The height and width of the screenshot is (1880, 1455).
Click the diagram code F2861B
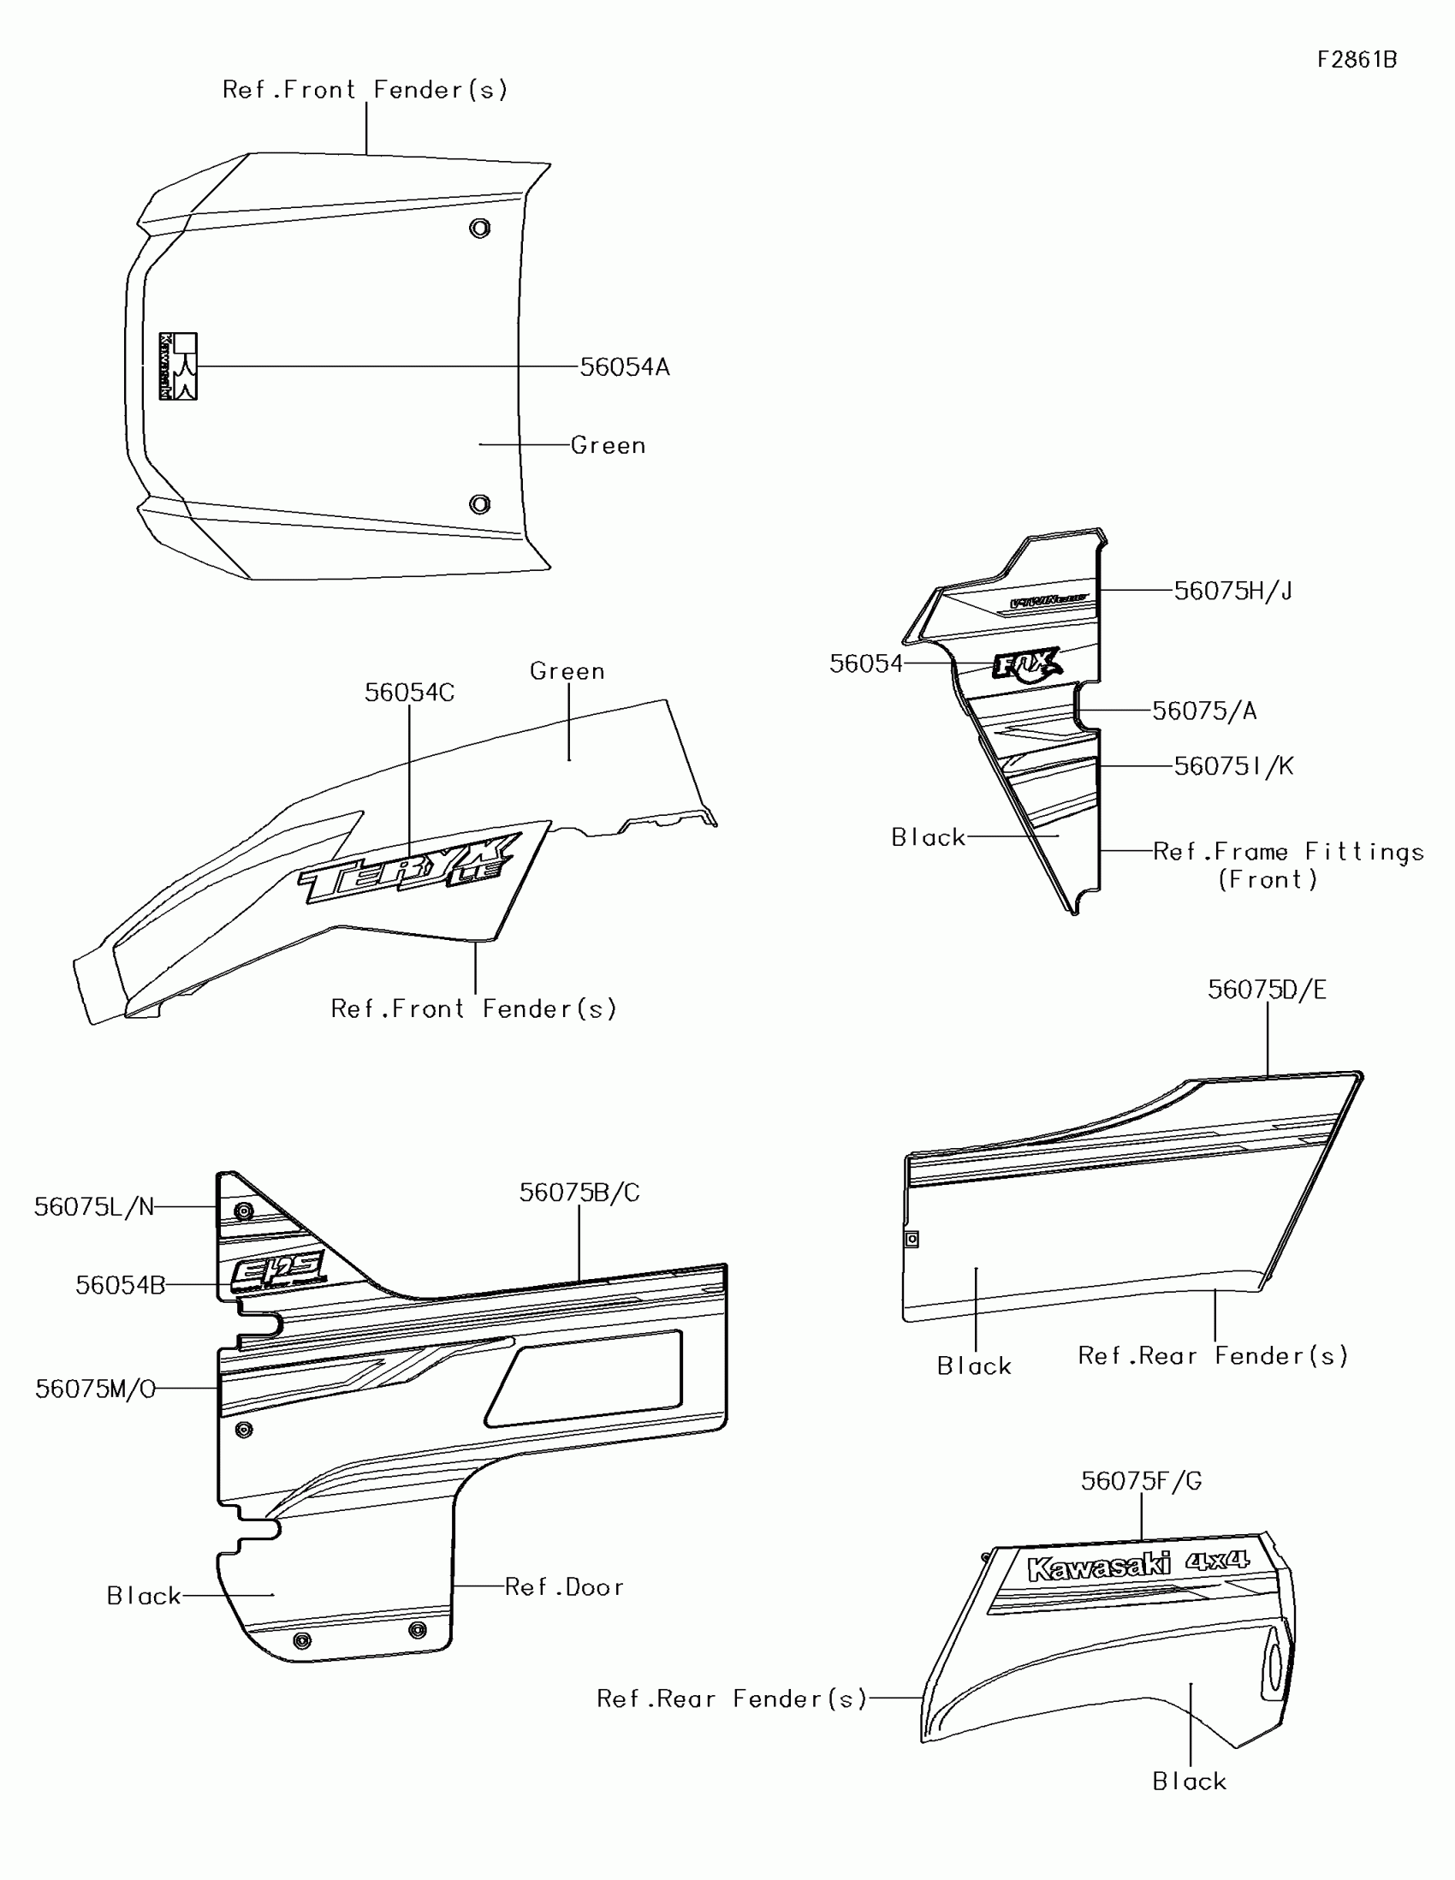tap(1357, 59)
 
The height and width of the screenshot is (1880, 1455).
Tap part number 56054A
tap(624, 366)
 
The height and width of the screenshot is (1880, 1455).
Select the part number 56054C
tap(409, 692)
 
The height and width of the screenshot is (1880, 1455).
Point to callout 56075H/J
tap(1232, 591)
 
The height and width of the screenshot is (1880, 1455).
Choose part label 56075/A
tap(1203, 711)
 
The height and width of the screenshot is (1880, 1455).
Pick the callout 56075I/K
tap(1233, 766)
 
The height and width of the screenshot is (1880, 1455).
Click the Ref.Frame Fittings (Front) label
tap(1287, 866)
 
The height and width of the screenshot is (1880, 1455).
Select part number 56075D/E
tap(1267, 990)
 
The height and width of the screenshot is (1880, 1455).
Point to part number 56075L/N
tap(94, 1207)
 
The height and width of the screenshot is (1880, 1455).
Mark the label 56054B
tap(121, 1285)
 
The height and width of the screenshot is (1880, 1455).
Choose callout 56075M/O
tap(96, 1389)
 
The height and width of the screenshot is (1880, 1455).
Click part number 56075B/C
tap(579, 1193)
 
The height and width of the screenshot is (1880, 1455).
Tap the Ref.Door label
tap(563, 1586)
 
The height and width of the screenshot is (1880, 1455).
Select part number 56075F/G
tap(1141, 1480)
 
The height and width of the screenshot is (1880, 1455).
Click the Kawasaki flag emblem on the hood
tap(178, 366)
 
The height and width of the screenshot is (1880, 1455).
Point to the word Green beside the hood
tap(608, 445)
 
